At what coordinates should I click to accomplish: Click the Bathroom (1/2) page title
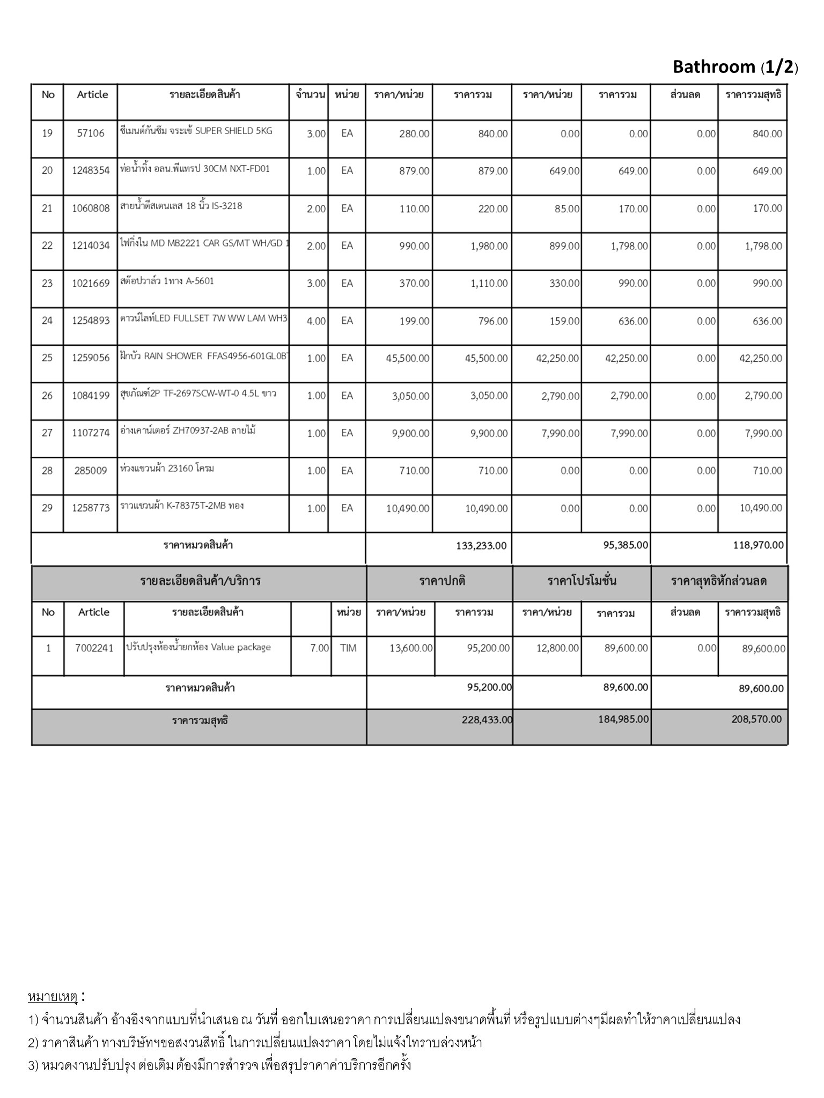point(735,67)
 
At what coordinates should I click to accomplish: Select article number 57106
point(91,133)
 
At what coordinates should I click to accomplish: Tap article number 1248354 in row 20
point(91,170)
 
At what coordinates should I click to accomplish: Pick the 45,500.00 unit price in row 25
point(407,358)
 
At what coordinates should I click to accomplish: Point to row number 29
point(47,508)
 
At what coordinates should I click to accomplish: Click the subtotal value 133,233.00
point(481,546)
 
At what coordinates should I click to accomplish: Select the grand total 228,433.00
point(487,720)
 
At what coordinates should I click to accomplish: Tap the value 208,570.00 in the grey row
point(756,719)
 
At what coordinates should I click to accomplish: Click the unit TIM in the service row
point(348,648)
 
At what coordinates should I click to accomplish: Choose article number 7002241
point(94,648)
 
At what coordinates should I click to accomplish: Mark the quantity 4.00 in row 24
point(316,321)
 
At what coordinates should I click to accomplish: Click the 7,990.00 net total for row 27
point(763,433)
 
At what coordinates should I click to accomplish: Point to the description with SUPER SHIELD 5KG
point(196,131)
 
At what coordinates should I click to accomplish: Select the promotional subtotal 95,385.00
point(626,545)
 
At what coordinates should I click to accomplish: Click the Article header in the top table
point(92,95)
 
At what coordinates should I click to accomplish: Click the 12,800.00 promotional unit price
point(557,648)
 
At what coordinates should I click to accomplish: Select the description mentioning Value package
point(198,647)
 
